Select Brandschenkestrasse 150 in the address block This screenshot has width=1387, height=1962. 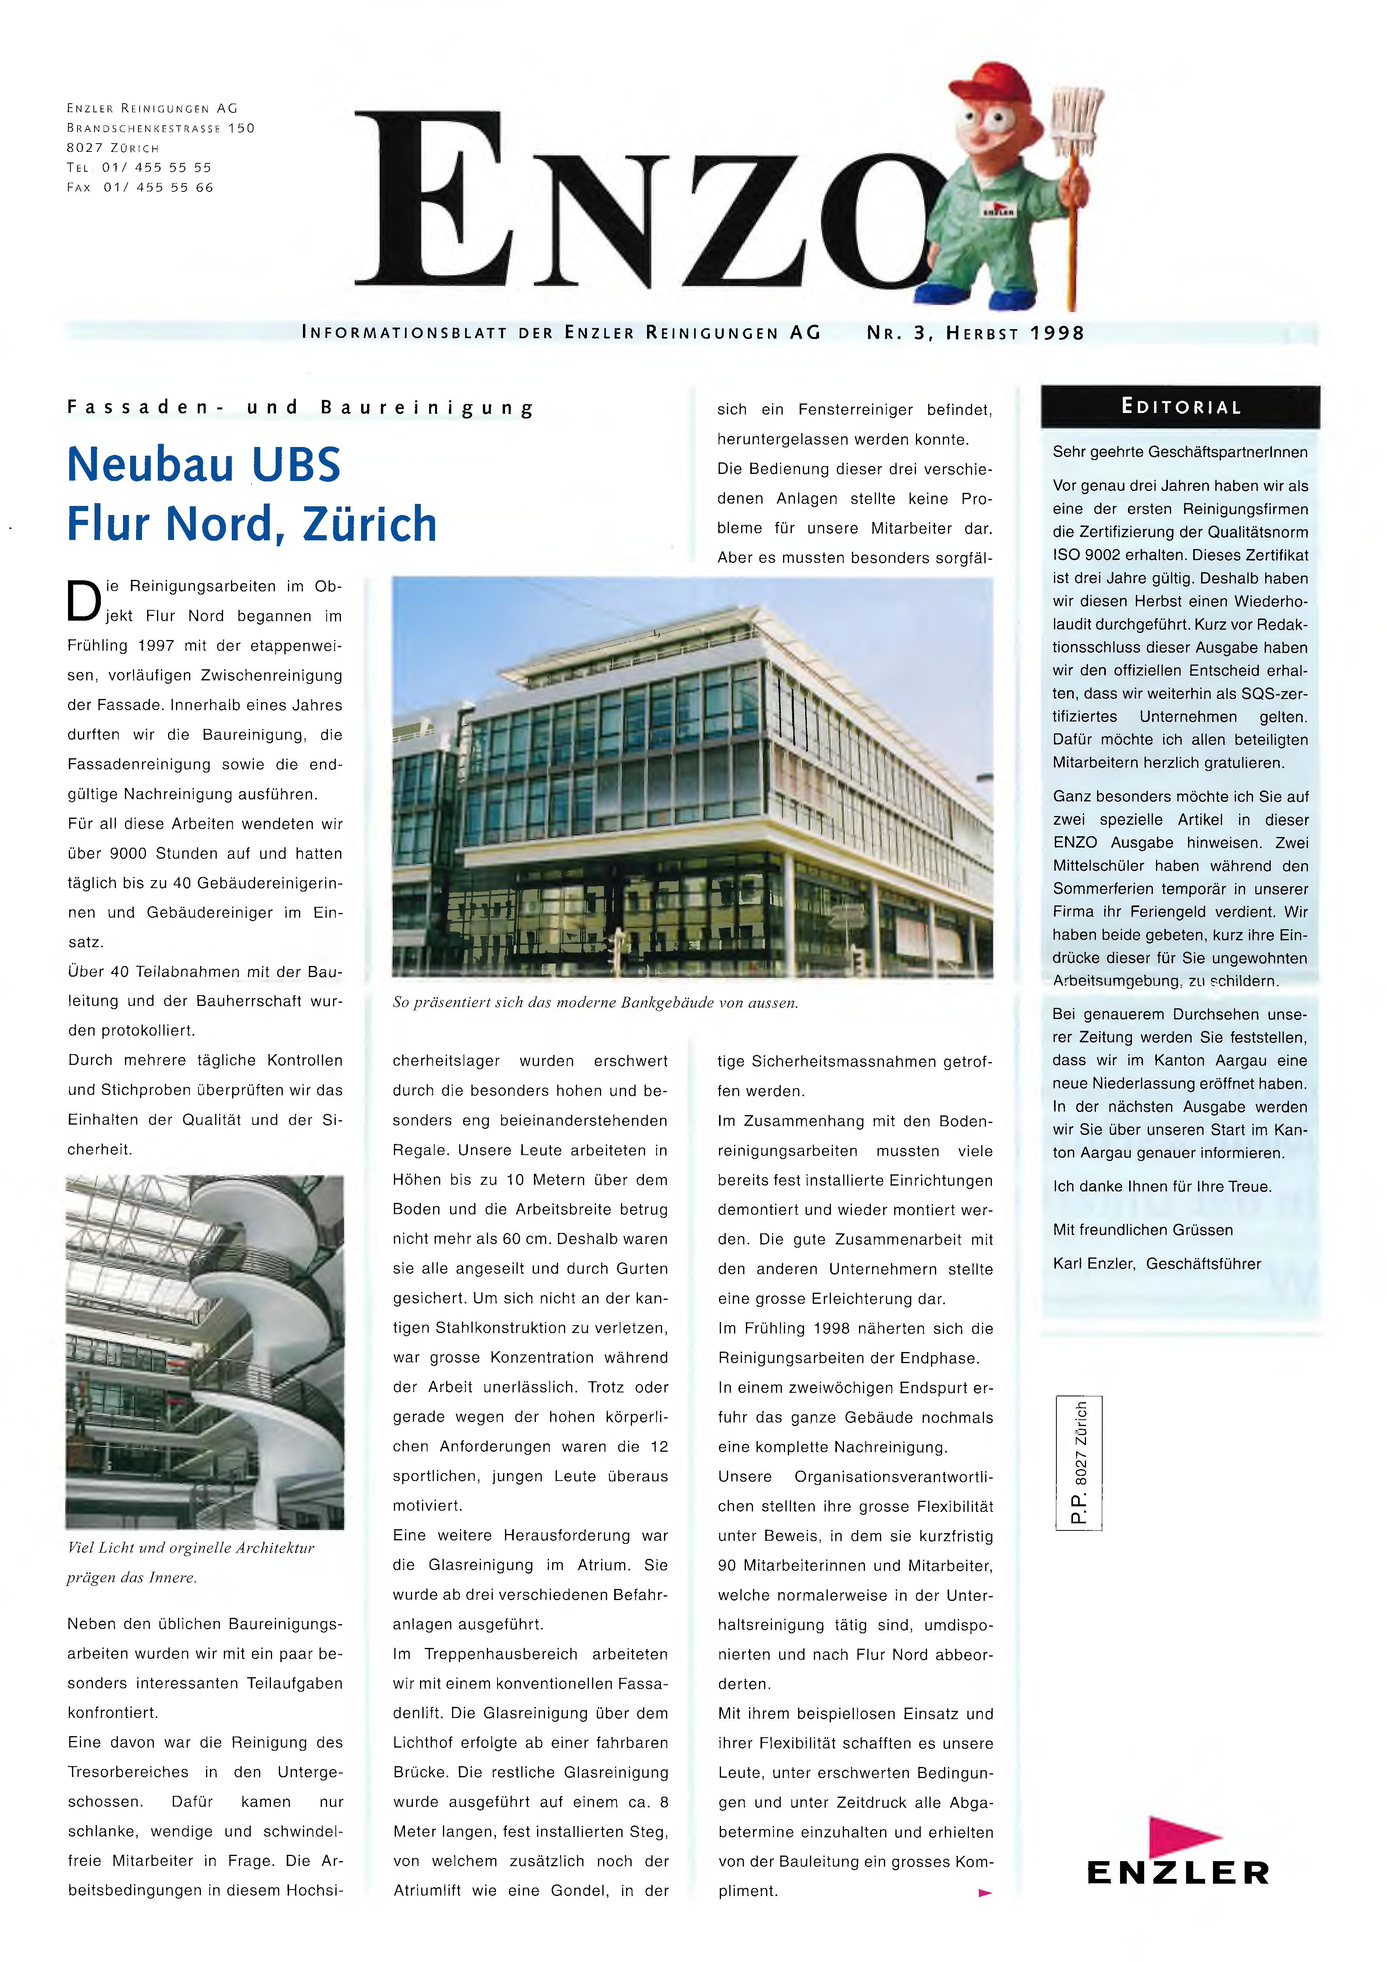coord(161,128)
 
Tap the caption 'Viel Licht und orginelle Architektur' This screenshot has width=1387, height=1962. coord(190,1547)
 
